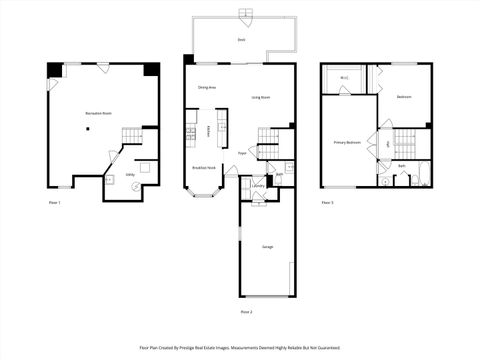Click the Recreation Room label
click(98, 114)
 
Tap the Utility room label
click(130, 174)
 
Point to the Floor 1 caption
click(55, 203)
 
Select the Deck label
click(241, 40)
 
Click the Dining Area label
click(208, 87)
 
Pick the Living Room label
click(262, 97)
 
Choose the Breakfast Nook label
click(204, 168)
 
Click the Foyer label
click(242, 153)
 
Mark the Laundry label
click(258, 185)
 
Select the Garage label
click(267, 246)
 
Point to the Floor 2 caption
click(246, 312)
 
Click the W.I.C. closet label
click(344, 78)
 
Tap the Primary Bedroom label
click(347, 142)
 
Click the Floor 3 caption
click(328, 203)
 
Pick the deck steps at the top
click(246, 14)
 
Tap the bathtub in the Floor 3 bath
click(422, 178)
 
